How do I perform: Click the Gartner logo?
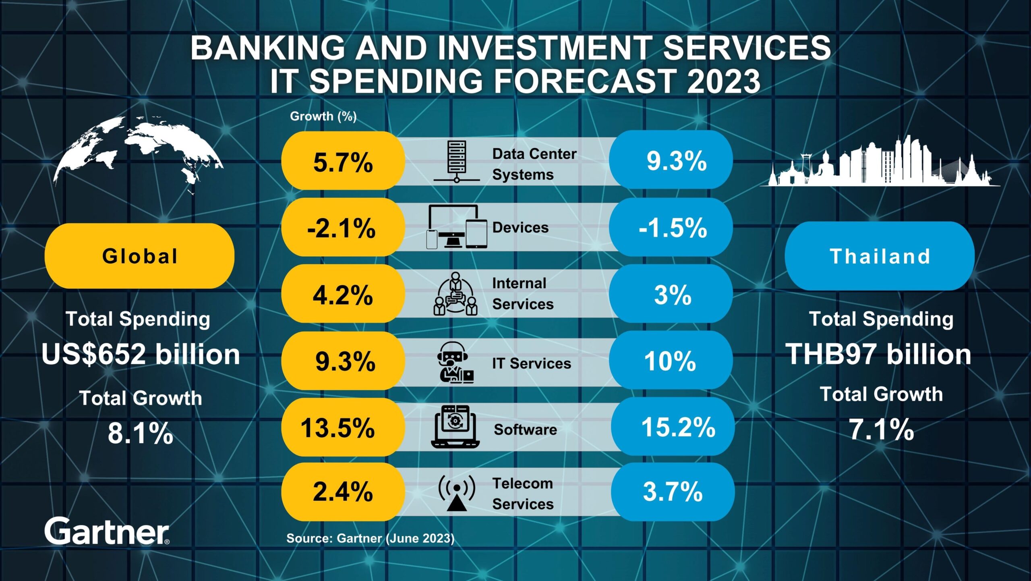(107, 531)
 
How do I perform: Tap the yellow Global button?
(139, 256)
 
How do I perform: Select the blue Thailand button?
(880, 256)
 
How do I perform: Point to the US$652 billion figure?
(141, 354)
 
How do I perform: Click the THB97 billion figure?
(878, 354)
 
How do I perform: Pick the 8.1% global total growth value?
(141, 433)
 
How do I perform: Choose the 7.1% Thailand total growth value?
(882, 430)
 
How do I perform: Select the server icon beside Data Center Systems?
(457, 161)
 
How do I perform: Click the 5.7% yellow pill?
(343, 162)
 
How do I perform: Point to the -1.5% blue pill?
(672, 228)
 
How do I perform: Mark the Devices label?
(520, 228)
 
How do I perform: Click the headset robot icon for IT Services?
(454, 363)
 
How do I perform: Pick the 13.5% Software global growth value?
(338, 427)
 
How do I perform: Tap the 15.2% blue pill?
(677, 427)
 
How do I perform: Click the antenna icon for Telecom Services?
(456, 493)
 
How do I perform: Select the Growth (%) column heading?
(323, 116)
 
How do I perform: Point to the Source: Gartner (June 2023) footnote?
(370, 538)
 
